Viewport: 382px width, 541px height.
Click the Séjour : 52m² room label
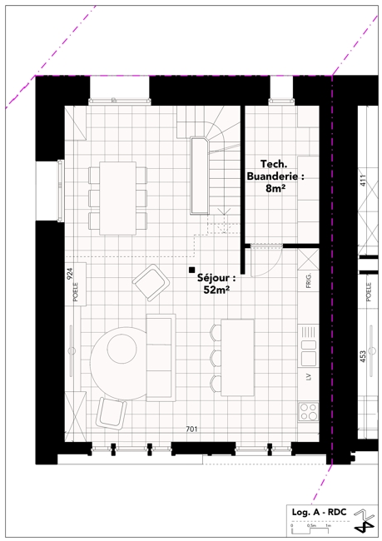216,284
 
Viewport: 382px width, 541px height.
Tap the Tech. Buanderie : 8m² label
275,176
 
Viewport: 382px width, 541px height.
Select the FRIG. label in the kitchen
309,280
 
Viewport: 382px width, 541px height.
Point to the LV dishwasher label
308,376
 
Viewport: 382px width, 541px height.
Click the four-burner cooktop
308,411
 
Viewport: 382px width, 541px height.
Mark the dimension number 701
191,429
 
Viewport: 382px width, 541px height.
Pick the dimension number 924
70,273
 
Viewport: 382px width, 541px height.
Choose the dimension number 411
362,181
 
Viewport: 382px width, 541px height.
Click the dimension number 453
362,357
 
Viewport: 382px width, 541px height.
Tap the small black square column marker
191,270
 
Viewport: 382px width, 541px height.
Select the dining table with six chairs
117,198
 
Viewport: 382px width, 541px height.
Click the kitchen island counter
237,357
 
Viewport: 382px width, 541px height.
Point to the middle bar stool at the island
216,357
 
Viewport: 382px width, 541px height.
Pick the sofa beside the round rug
161,357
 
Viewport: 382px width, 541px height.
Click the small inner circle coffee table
122,349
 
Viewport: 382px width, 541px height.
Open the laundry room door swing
266,261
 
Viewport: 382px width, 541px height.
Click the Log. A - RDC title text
319,512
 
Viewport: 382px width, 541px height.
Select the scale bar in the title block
310,528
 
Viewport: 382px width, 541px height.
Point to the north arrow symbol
365,522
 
